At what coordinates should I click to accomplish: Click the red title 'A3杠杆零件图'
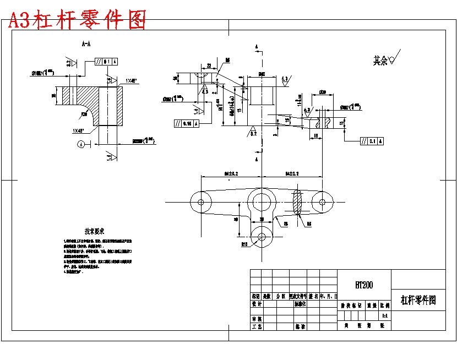pos(77,20)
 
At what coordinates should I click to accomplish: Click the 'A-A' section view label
pos(86,43)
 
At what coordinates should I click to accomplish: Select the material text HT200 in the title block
pos(364,285)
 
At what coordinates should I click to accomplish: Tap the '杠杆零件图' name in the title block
pos(418,300)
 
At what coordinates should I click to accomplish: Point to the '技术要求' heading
pos(94,231)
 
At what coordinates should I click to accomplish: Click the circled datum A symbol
pos(81,144)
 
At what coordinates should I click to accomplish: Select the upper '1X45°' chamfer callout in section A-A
pos(131,81)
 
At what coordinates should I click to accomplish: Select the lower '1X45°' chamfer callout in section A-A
pos(79,131)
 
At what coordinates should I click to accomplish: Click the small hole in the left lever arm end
pos(201,202)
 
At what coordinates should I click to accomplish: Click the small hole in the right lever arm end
pos(322,202)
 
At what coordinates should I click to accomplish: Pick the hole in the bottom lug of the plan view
pos(261,237)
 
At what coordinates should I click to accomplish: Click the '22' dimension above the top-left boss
pos(209,66)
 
